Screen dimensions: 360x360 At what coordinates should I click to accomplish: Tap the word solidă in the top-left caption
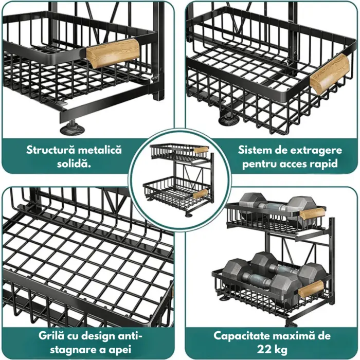coord(74,164)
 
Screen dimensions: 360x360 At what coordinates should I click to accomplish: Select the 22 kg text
coord(272,350)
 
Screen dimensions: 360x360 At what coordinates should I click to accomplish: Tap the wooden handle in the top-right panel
coord(330,74)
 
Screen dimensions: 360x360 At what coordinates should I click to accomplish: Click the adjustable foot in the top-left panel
coord(73,128)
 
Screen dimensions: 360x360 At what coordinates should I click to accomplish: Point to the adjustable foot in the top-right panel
coord(228,118)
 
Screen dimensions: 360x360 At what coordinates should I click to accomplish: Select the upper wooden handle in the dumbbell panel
coord(312,213)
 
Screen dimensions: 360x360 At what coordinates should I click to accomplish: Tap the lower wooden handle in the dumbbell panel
coord(311,290)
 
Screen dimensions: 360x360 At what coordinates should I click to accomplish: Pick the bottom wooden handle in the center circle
coord(200,194)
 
